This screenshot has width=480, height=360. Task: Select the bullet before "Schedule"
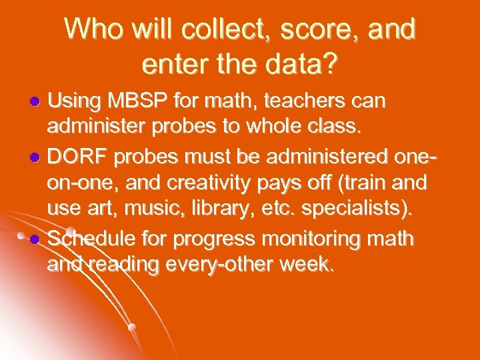point(37,237)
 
